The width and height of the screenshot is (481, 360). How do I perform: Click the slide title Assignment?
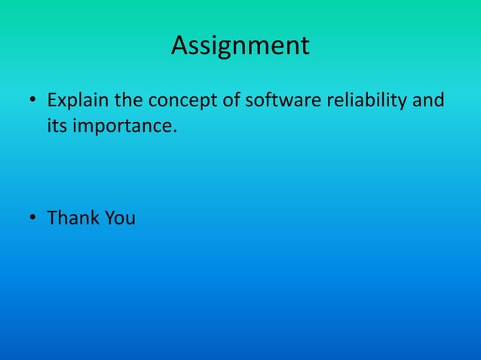click(240, 46)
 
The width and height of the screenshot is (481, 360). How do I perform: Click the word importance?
click(124, 125)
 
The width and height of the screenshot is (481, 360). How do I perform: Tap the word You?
click(119, 218)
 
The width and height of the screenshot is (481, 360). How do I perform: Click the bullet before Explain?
click(33, 102)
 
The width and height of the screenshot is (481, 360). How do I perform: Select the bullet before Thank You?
click(33, 219)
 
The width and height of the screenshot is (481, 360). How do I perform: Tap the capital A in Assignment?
click(179, 46)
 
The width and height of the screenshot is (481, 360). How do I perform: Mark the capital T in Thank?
click(53, 218)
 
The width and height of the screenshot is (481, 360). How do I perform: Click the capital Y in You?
click(109, 218)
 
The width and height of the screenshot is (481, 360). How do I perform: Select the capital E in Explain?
click(51, 100)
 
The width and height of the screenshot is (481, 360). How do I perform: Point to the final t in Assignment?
click(305, 47)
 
